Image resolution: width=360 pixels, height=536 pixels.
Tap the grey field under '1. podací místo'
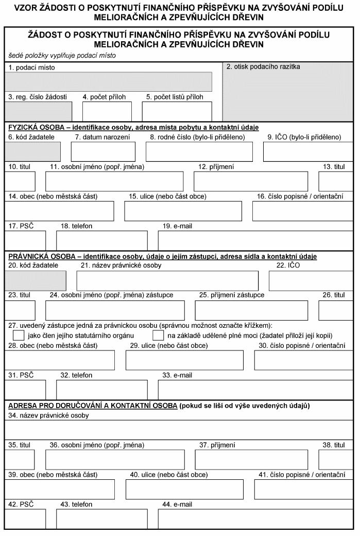pyautogui.click(x=108, y=82)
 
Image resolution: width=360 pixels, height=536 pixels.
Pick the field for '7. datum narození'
pyautogui.click(x=103, y=152)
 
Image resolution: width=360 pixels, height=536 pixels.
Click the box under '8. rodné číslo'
pyautogui.click(x=199, y=152)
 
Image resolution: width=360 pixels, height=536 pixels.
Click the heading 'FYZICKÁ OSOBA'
pyautogui.click(x=30, y=127)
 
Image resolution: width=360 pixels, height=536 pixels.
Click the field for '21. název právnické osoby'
pyautogui.click(x=167, y=280)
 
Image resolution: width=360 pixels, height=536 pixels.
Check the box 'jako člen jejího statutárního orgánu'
pyautogui.click(x=19, y=336)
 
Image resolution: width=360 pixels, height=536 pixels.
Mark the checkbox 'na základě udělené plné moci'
pyautogui.click(x=159, y=336)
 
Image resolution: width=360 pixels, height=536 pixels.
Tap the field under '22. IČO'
pyautogui.click(x=311, y=280)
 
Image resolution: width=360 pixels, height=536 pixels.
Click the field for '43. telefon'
pyautogui.click(x=101, y=519)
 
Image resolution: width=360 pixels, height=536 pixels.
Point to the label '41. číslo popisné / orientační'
pyautogui.click(x=301, y=474)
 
